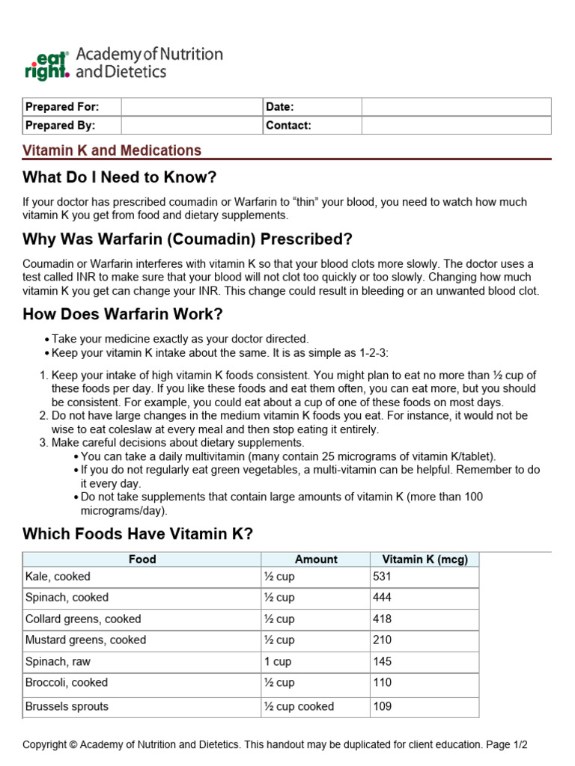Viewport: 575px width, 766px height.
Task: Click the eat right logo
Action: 46,64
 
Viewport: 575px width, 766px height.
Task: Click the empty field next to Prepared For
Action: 191,107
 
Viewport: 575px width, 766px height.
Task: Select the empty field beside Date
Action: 456,107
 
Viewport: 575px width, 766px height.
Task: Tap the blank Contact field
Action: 456,126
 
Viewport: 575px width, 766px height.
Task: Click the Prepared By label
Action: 61,126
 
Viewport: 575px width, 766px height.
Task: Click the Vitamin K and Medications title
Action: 112,150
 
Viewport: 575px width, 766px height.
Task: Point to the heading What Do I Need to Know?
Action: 120,177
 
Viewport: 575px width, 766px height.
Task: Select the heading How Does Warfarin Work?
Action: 123,313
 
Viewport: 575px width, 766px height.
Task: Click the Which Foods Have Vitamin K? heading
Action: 139,533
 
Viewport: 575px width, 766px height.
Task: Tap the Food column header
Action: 142,559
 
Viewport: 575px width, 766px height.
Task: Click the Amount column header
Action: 316,559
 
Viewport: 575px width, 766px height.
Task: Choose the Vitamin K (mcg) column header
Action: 425,559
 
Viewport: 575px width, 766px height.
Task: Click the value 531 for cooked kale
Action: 383,577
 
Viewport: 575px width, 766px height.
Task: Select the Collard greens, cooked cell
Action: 83,619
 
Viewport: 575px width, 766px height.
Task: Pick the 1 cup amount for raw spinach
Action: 278,662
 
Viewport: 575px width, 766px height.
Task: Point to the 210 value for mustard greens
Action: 383,640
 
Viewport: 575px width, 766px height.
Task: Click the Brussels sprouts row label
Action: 67,706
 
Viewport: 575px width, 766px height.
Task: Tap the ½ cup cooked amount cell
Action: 299,706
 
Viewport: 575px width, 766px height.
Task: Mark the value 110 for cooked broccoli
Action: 383,683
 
